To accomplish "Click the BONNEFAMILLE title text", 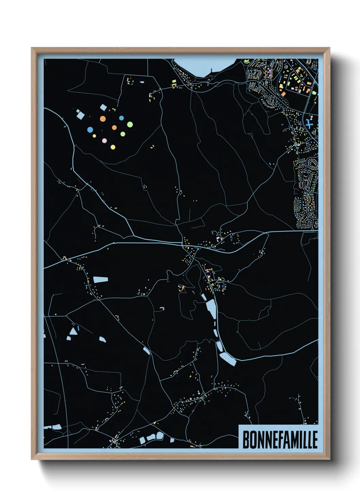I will pos(280,440).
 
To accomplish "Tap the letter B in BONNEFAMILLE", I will pos(246,440).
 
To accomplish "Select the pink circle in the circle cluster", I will pos(104,141).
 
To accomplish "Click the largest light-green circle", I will pos(130,125).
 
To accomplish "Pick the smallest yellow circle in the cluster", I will pos(94,136).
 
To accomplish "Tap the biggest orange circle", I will pos(103,119).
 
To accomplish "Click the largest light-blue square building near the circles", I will pos(80,115).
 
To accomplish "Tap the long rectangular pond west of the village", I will pos(101,280).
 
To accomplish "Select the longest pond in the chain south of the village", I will pos(211,309).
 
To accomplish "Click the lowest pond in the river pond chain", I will pos(228,359).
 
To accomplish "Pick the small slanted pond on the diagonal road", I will pos(146,350).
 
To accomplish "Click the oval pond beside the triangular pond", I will pos(102,339).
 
